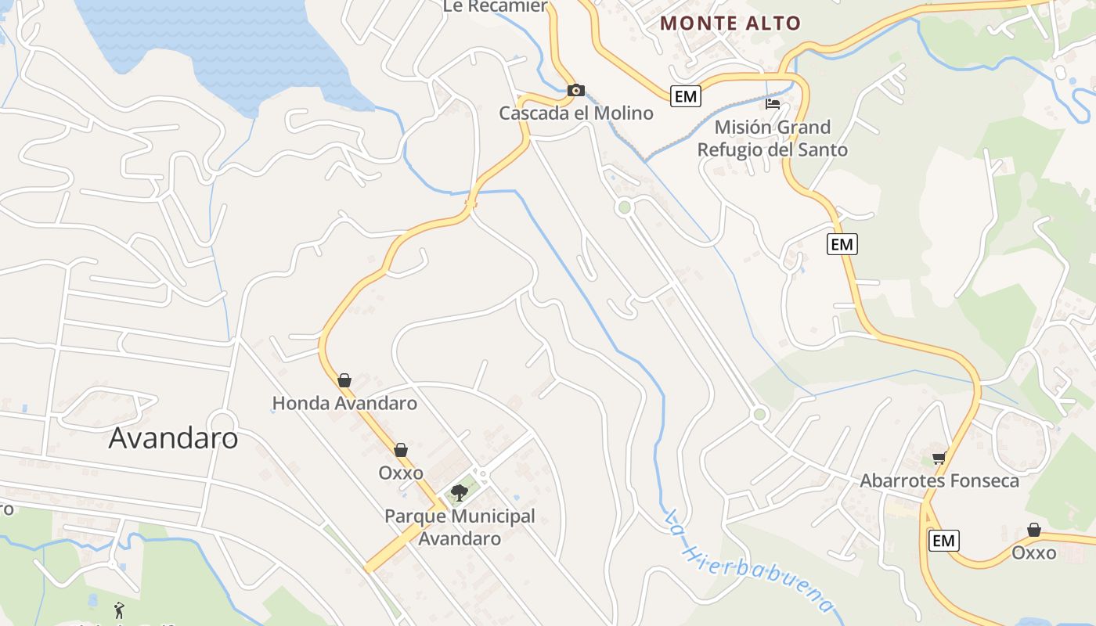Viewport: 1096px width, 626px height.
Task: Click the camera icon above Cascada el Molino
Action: click(576, 90)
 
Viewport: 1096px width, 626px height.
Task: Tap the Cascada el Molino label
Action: click(576, 113)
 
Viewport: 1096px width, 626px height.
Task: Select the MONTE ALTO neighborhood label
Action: click(730, 23)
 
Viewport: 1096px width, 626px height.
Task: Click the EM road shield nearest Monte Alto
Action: click(685, 96)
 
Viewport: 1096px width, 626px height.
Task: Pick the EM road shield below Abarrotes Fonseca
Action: click(943, 540)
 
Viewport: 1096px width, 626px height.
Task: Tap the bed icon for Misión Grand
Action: click(773, 103)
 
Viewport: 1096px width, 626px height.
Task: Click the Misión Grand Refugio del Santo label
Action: click(772, 138)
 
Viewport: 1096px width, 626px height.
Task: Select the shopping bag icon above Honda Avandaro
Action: click(344, 380)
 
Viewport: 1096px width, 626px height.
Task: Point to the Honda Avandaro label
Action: click(344, 404)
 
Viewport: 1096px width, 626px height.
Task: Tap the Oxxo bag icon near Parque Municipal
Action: click(401, 450)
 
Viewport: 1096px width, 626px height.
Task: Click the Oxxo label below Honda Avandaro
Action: click(401, 473)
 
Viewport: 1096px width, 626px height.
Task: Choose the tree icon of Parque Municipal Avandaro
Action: click(460, 492)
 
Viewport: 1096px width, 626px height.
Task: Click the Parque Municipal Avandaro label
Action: click(460, 527)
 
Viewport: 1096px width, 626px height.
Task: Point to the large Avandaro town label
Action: click(173, 437)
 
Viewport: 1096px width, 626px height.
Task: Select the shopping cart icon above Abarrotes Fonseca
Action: click(939, 458)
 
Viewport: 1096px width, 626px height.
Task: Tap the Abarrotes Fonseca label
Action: click(939, 480)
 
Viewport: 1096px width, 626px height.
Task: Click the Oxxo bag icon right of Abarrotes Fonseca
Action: click(1034, 531)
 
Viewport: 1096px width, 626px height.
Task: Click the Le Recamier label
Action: click(495, 6)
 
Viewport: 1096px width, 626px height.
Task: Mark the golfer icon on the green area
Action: click(119, 610)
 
